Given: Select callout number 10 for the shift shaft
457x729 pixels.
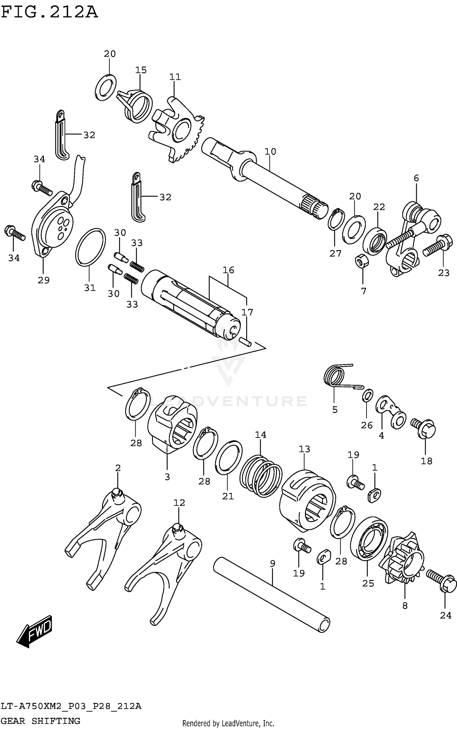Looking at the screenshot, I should (270, 152).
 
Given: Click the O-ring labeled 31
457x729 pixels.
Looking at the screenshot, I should (90, 247).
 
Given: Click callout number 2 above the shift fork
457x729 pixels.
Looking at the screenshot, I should (118, 468).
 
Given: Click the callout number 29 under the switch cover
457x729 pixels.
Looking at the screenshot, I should (44, 280).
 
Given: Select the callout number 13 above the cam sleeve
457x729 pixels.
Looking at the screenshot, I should (304, 449).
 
